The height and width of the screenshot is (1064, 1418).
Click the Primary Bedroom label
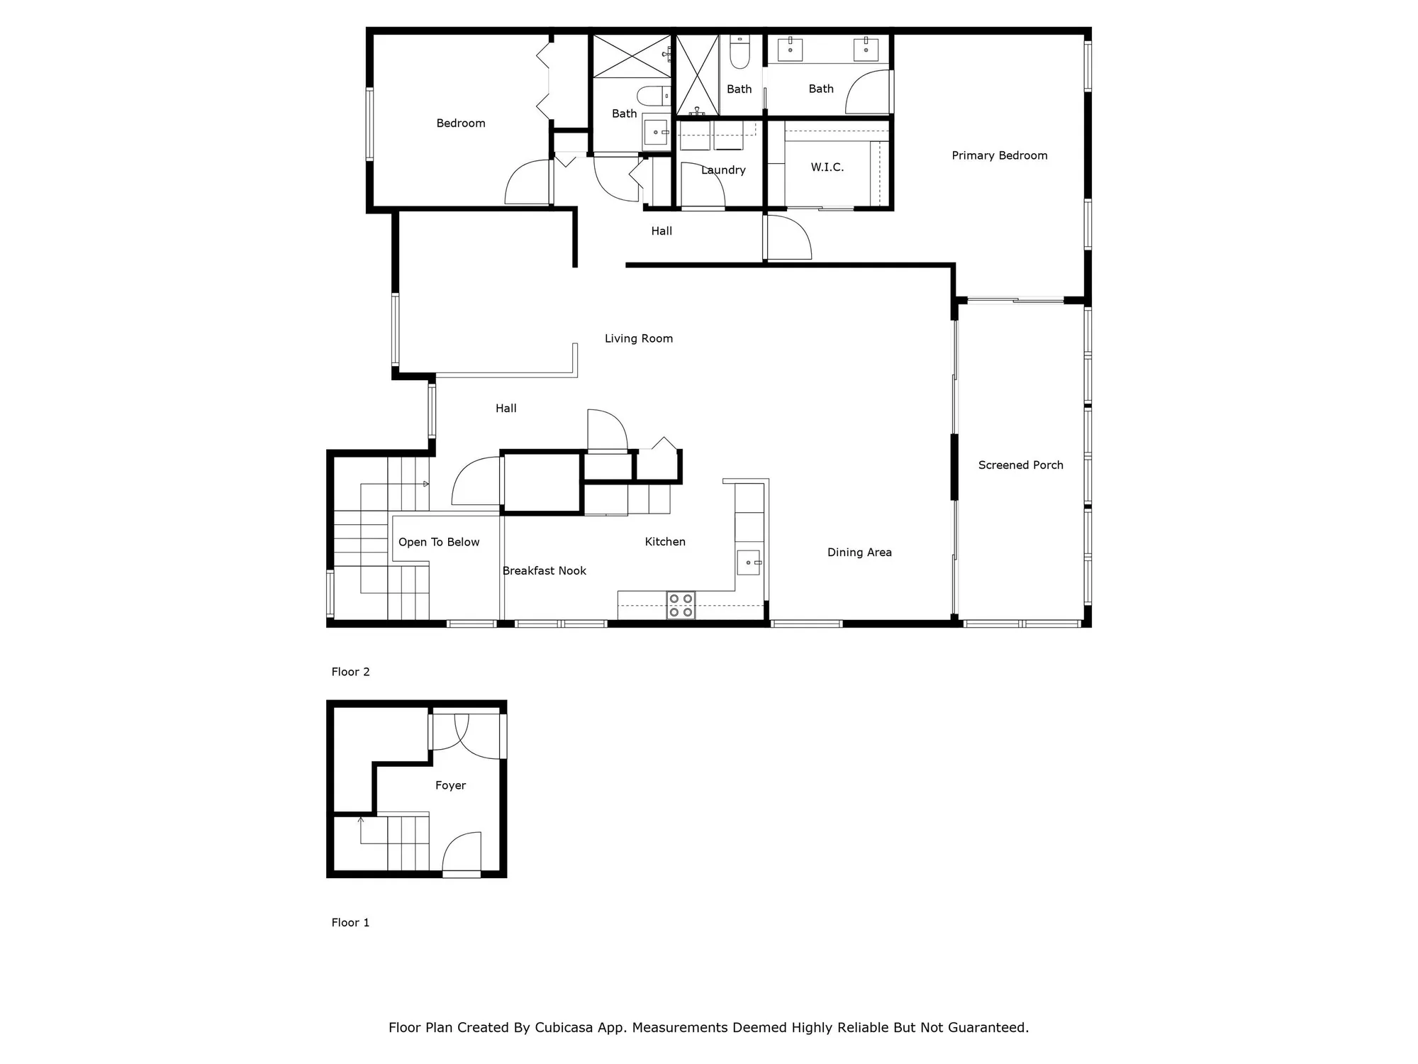[x=999, y=155]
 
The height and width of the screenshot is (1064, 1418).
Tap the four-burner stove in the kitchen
[x=681, y=605]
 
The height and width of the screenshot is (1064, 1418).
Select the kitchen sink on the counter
[x=749, y=563]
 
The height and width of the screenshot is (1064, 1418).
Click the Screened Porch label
[x=1020, y=465]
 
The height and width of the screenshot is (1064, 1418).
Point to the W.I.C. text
[x=827, y=167]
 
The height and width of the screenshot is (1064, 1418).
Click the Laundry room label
[x=723, y=170]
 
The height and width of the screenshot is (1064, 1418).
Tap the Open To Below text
[x=439, y=542]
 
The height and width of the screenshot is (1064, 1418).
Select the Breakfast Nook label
[x=544, y=571]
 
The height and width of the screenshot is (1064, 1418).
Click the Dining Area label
[x=859, y=553]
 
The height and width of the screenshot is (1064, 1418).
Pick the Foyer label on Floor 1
[x=450, y=785]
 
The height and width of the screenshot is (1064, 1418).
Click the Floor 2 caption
[x=350, y=672]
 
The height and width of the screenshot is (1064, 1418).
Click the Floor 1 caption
[x=350, y=922]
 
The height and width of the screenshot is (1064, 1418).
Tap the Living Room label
[x=638, y=338]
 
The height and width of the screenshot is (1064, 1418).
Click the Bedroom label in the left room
[x=461, y=123]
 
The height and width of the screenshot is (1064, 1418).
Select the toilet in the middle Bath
[x=739, y=52]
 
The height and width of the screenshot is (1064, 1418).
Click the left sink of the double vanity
[x=790, y=50]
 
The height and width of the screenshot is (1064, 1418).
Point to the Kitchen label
[x=664, y=542]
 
